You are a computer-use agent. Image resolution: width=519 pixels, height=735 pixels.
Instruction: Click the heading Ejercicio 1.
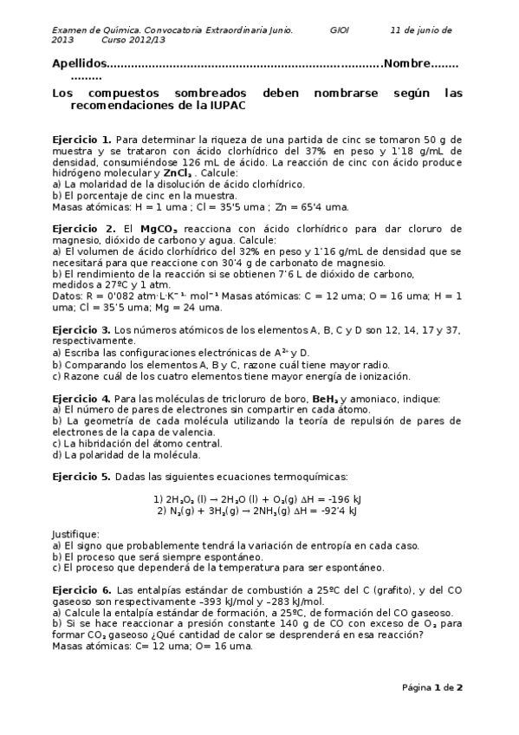(81, 139)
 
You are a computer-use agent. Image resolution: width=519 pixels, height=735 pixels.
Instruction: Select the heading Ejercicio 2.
(81, 228)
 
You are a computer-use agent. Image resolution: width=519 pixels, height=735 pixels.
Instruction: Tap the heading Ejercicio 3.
(81, 330)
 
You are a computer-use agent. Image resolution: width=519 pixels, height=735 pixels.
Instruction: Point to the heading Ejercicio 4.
(81, 398)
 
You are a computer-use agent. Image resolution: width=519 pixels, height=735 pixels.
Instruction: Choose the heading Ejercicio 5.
(81, 477)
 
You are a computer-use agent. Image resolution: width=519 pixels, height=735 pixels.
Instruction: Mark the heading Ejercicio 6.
(81, 589)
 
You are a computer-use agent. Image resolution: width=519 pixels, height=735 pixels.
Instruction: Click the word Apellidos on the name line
(77, 64)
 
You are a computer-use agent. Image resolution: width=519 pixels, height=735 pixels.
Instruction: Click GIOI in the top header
(340, 29)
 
